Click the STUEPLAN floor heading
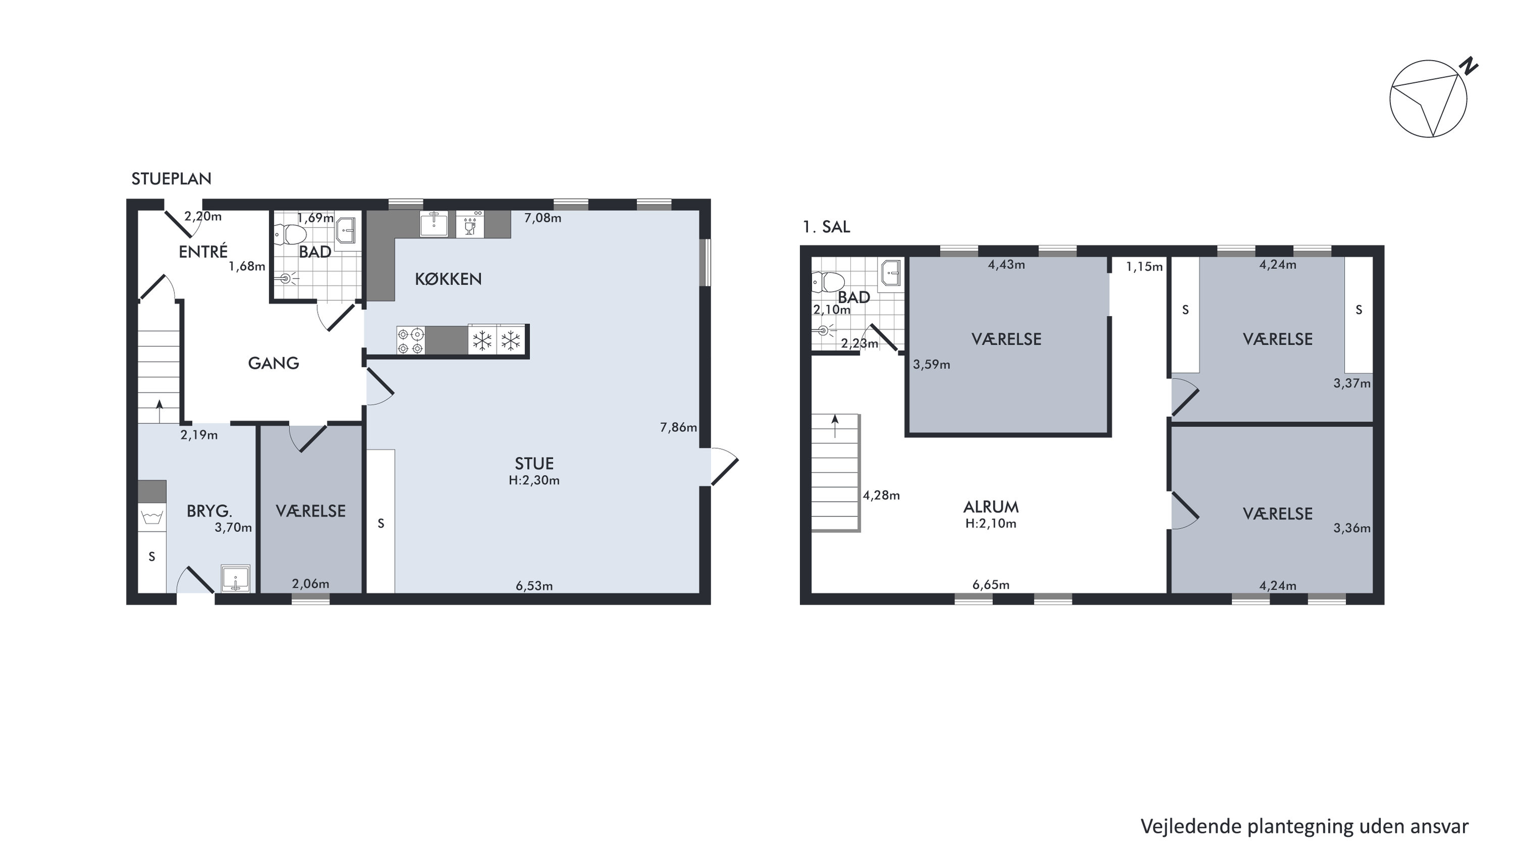click(x=171, y=179)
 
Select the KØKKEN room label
click(x=448, y=279)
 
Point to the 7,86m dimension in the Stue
click(x=678, y=428)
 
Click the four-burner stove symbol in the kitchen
click(x=411, y=341)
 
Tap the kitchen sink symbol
click(x=434, y=224)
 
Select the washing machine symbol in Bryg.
click(x=153, y=518)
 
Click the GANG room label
click(x=274, y=363)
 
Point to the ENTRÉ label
click(x=203, y=252)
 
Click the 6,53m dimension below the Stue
click(x=534, y=586)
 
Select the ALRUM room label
click(x=991, y=507)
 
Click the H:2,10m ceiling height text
click(x=991, y=524)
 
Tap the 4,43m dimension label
click(x=1006, y=265)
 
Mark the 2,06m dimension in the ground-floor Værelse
click(x=311, y=584)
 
